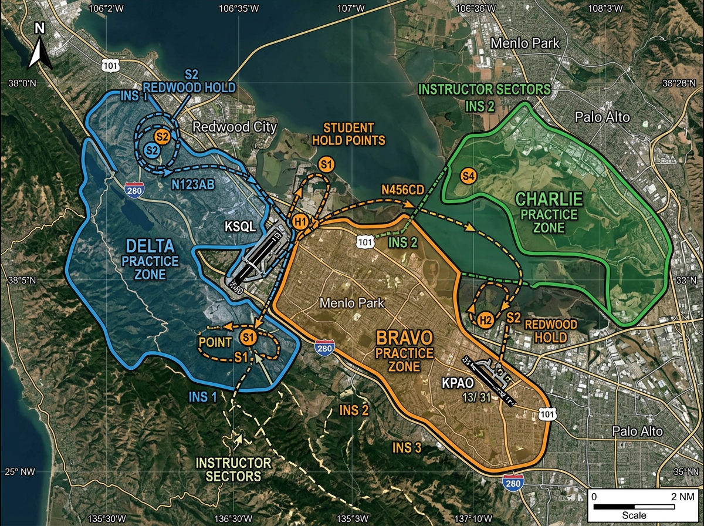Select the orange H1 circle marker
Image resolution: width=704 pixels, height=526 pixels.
tap(300, 222)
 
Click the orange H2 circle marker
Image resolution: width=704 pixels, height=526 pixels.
tap(485, 320)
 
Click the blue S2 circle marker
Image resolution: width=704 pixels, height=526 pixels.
tap(152, 150)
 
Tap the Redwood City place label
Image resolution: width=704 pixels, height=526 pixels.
tap(234, 127)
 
